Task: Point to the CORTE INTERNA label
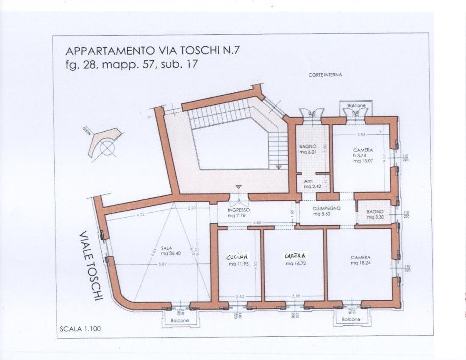pos(325,75)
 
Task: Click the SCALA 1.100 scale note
pos(80,328)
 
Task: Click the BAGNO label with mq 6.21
pos(308,149)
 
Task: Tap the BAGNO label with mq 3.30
pos(374,214)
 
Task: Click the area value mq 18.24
pos(360,263)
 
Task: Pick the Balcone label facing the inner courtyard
pos(355,105)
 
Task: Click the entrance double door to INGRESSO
pos(239,197)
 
